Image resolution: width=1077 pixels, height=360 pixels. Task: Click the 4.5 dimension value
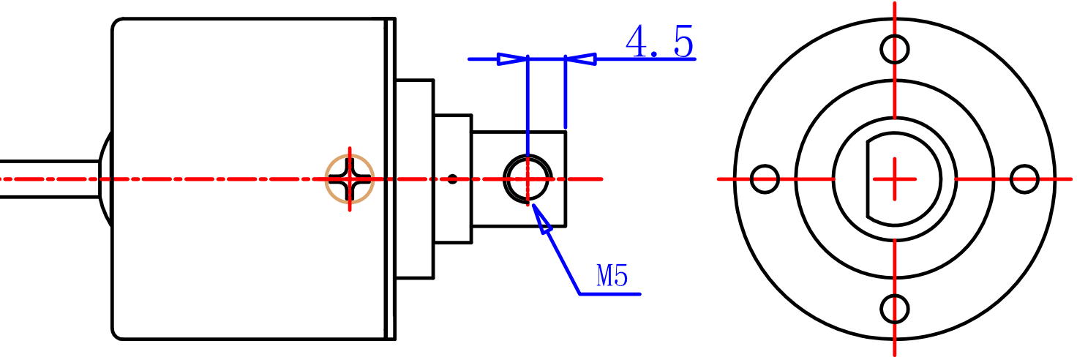[x=659, y=42]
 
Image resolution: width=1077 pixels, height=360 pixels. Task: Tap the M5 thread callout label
[x=612, y=275]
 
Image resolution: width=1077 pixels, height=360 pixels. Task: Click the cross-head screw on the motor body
[x=350, y=179]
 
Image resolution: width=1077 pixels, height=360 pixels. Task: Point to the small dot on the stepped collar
[x=452, y=179]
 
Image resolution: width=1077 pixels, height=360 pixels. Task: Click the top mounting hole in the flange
[x=895, y=49]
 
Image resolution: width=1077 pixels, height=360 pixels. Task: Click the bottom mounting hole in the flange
[x=895, y=309]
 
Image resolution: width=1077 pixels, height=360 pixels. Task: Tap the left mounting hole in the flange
[x=765, y=179]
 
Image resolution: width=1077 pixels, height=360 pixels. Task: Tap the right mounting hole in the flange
[x=1024, y=179]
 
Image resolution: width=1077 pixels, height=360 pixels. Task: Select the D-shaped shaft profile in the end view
[x=907, y=179]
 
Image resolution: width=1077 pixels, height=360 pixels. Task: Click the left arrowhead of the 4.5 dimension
[x=512, y=59]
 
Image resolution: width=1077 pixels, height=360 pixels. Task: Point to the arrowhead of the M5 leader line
[x=541, y=220]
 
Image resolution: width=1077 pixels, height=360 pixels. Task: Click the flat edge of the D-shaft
[x=868, y=179]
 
